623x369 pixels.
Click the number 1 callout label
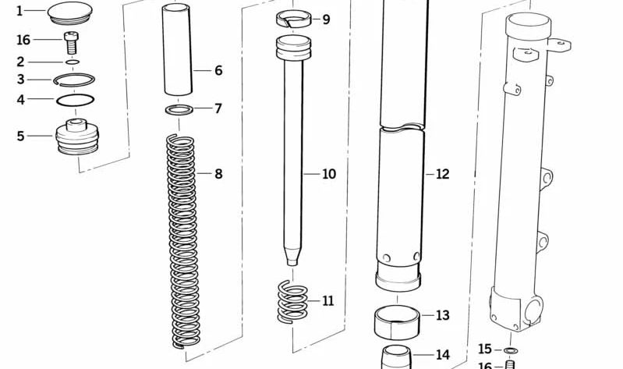[19, 11]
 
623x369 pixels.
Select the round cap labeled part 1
[70, 12]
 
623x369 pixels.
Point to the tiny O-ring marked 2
[73, 62]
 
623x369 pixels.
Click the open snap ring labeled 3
[74, 79]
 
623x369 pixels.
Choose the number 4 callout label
[20, 100]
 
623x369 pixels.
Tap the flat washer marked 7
[180, 108]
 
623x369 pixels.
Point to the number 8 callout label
[218, 174]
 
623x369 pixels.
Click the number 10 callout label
[329, 174]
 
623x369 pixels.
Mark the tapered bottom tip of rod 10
[292, 258]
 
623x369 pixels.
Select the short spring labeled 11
[293, 300]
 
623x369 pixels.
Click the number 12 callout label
[442, 174]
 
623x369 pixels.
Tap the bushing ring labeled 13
[398, 320]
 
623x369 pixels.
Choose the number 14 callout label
[442, 355]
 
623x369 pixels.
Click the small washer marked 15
[510, 349]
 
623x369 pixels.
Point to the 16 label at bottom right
[484, 365]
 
